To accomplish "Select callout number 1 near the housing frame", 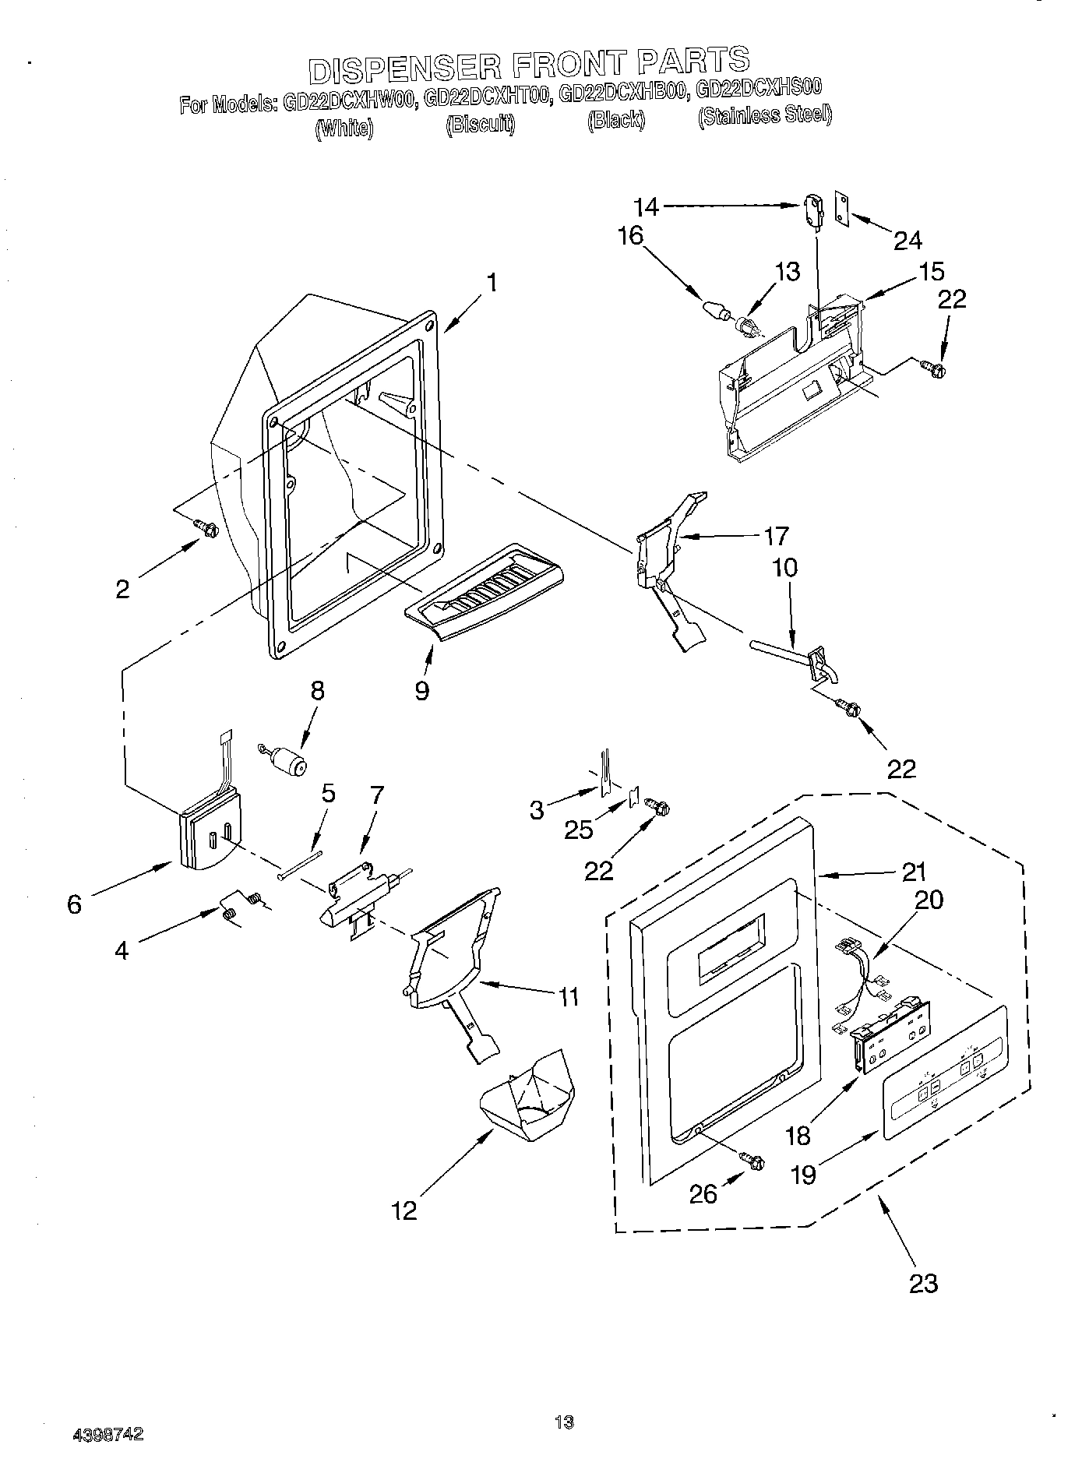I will pos(491,283).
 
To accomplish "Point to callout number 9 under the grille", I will pos(421,689).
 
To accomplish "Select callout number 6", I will pos(74,904).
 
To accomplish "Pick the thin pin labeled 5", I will pos(299,865).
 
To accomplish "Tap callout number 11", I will pos(569,996).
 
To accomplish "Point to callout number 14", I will pos(647,207).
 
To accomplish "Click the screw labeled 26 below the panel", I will pos(753,1160).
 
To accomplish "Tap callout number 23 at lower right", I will pos(923,1282).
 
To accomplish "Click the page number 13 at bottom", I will pos(564,1422).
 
